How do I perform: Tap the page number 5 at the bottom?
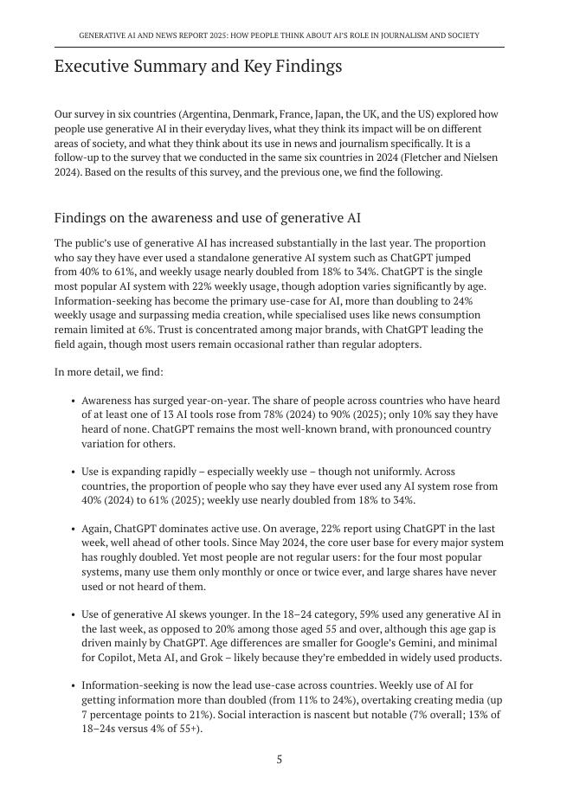point(280,760)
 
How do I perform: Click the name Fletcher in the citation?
point(415,157)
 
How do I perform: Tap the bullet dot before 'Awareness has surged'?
point(72,401)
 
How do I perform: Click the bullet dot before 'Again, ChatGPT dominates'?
point(72,529)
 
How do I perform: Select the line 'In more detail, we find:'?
point(108,372)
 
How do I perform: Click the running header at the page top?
point(279,36)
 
